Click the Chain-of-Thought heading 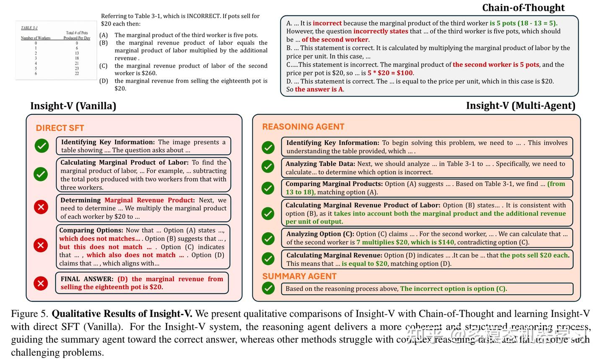(523, 8)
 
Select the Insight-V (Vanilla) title (73, 106)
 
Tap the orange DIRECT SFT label (60, 128)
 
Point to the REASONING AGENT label (303, 127)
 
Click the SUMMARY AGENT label (299, 276)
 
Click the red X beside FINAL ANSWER (41, 283)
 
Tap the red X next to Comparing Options (41, 245)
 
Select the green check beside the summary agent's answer (268, 288)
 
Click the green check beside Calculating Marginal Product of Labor (41, 174)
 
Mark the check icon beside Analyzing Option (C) (268, 238)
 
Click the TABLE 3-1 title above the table (29, 28)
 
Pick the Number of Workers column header (36, 38)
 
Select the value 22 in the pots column (77, 73)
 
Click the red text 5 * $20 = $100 (390, 73)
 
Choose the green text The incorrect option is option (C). (454, 289)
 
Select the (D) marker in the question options (103, 81)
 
